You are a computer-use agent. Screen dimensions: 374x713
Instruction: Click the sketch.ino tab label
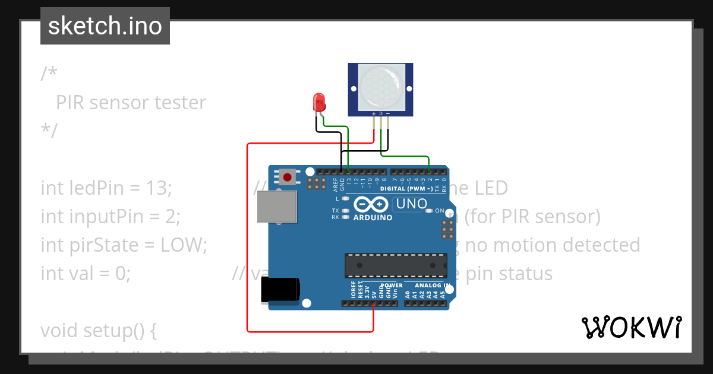click(x=105, y=26)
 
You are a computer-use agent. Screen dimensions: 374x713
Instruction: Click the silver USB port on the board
click(x=277, y=207)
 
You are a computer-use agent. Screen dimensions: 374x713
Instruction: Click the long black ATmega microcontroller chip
click(x=396, y=264)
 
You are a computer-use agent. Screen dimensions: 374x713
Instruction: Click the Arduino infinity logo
click(x=373, y=205)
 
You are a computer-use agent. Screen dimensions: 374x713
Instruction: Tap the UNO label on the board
click(x=411, y=204)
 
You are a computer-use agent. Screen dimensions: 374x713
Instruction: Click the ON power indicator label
click(x=440, y=211)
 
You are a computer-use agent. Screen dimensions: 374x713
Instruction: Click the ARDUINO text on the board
click(x=373, y=218)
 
